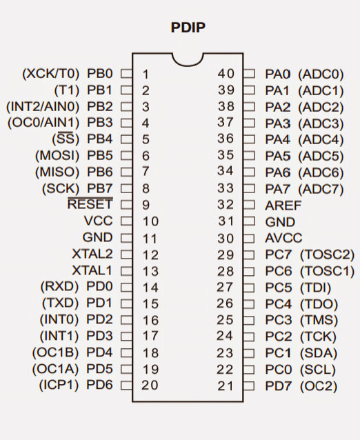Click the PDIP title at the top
[188, 28]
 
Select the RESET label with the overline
[90, 203]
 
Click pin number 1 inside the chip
[146, 74]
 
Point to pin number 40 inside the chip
[226, 74]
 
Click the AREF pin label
[283, 206]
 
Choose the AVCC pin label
[283, 238]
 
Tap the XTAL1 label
[92, 271]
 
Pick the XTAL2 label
[92, 254]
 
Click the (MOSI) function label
[57, 155]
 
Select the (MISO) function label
[57, 172]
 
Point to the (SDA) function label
[319, 353]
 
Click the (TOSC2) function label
[327, 254]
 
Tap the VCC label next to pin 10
[98, 221]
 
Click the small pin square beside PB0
[126, 74]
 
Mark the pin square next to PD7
[249, 386]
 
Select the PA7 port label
[277, 189]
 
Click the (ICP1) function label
[59, 385]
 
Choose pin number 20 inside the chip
[150, 386]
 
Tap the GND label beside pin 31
[280, 222]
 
